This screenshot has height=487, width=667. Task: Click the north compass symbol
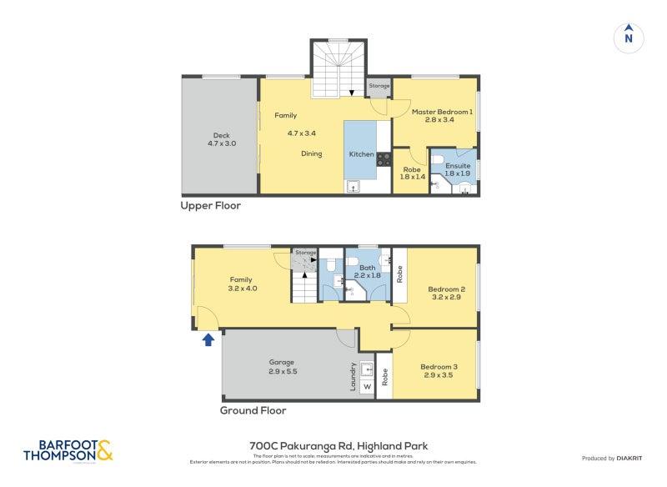click(x=629, y=37)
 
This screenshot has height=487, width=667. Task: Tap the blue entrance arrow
click(x=208, y=339)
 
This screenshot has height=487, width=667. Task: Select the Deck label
click(x=221, y=139)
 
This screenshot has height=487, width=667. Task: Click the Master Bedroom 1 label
click(x=442, y=116)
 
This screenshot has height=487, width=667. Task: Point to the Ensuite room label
click(x=458, y=169)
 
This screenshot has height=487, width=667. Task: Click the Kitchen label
click(x=361, y=154)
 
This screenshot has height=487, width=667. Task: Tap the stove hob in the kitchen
click(x=384, y=158)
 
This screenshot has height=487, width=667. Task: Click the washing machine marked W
click(x=366, y=386)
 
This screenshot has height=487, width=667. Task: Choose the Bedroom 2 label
click(x=448, y=293)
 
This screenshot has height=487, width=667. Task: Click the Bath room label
click(x=367, y=271)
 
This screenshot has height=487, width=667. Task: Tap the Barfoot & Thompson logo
click(x=68, y=451)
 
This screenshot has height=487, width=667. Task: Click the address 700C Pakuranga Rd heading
click(x=339, y=446)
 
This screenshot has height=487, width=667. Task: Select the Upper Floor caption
click(x=210, y=205)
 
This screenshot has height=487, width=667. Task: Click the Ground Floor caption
click(x=253, y=410)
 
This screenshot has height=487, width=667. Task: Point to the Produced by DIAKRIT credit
click(x=609, y=458)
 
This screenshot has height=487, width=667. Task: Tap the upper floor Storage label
click(x=379, y=86)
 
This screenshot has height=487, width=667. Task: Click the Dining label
click(x=311, y=153)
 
